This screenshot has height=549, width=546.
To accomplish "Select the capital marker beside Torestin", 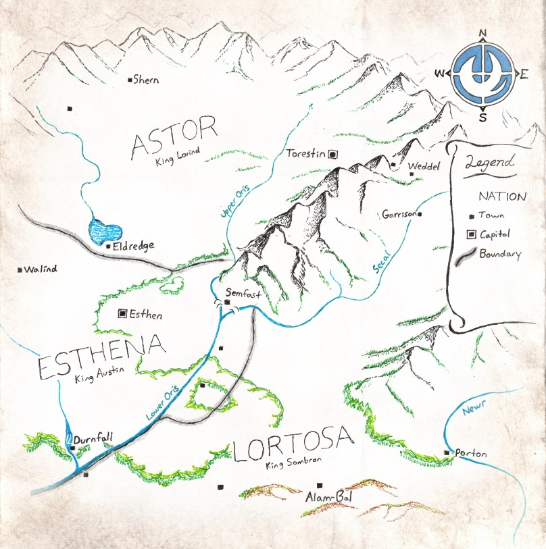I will click(x=332, y=154).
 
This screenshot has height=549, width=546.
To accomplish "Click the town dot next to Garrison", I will click(x=420, y=215).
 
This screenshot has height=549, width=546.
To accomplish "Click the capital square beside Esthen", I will click(x=122, y=313).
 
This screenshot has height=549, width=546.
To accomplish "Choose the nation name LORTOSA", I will click(x=293, y=445).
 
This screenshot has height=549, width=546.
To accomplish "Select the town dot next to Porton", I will click(x=446, y=452).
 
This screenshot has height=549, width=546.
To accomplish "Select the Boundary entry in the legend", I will click(x=500, y=255).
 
